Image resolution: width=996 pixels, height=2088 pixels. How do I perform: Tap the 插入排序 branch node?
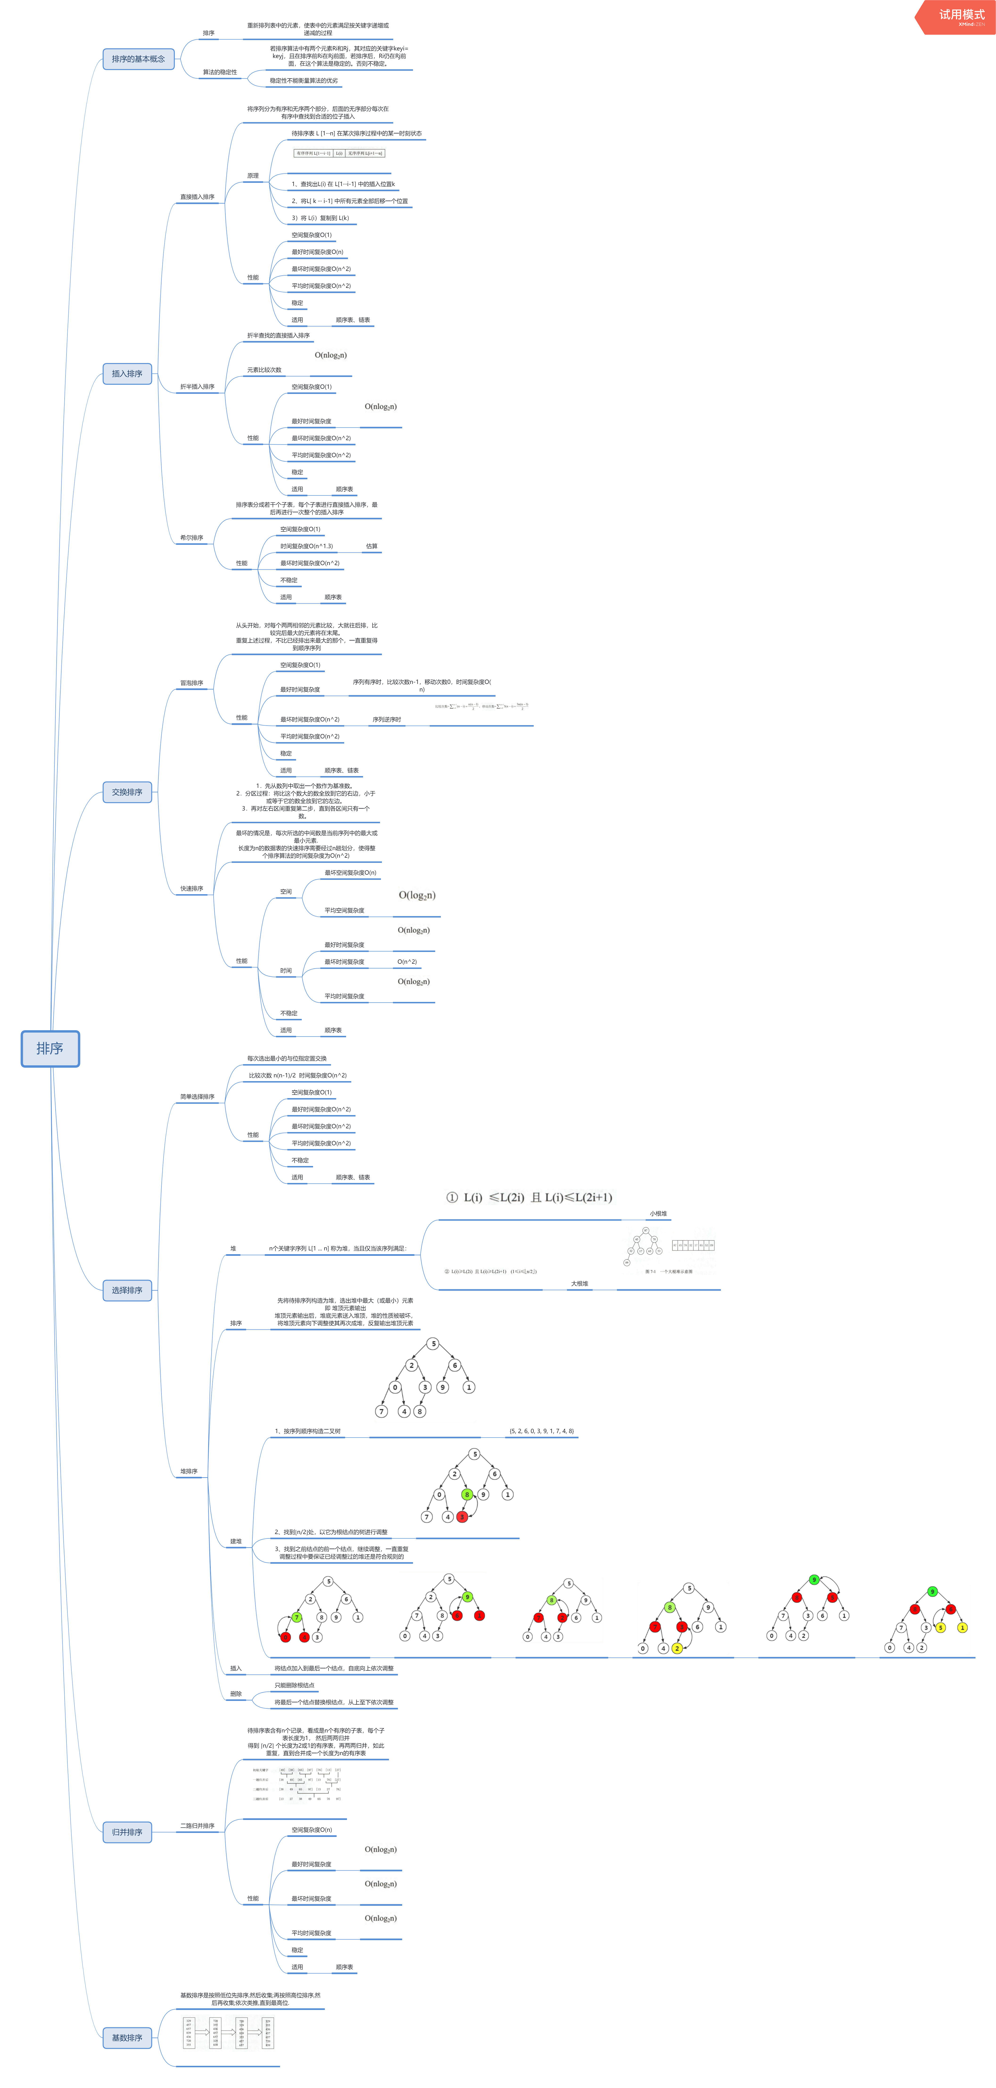click(x=127, y=374)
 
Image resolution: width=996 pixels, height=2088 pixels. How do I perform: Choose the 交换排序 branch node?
click(x=127, y=792)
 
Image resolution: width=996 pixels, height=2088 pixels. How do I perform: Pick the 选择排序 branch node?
click(x=127, y=1290)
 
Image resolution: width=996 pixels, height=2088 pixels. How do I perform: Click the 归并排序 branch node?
click(x=127, y=1832)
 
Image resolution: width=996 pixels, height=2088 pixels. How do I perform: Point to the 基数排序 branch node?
click(x=127, y=2038)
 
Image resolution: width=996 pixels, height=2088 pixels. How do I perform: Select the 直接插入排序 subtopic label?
click(x=197, y=197)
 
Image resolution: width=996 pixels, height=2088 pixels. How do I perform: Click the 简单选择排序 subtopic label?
click(x=197, y=1097)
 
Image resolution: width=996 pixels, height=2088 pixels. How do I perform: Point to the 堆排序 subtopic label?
click(x=189, y=1471)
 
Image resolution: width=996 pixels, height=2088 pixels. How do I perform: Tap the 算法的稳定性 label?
click(x=220, y=72)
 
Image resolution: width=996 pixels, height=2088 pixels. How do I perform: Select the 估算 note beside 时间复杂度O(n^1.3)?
click(x=371, y=546)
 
